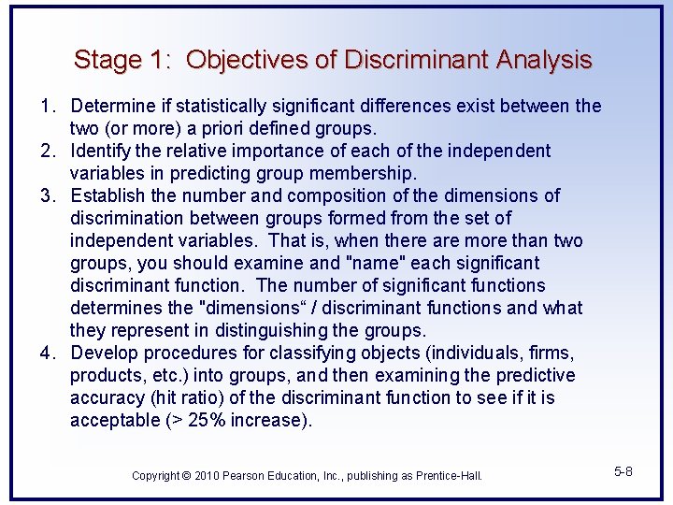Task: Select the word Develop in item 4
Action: pos(104,353)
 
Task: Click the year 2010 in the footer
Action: pos(208,476)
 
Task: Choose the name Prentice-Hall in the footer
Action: pos(445,476)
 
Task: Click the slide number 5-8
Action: pos(623,471)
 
